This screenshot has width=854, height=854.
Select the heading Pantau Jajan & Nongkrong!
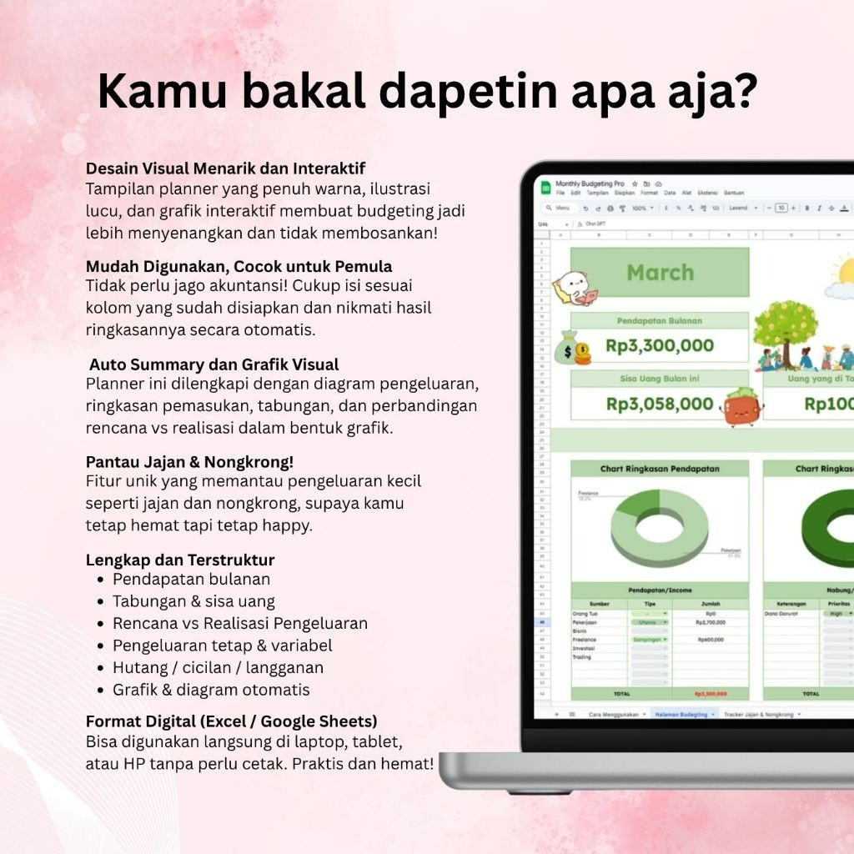click(x=189, y=461)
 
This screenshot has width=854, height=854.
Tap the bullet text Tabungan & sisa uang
click(x=193, y=600)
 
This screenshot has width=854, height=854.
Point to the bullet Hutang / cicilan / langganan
click(x=218, y=667)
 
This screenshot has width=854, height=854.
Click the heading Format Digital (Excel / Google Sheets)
click(x=231, y=721)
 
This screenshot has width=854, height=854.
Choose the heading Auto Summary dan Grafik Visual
click(x=213, y=364)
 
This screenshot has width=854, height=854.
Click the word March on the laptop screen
click(x=660, y=273)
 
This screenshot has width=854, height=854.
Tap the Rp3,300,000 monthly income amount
click(x=660, y=345)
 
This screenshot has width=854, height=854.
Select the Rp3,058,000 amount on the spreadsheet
click(x=660, y=404)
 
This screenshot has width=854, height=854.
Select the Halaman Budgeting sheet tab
click(x=681, y=715)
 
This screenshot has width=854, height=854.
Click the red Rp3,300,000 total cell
click(x=710, y=693)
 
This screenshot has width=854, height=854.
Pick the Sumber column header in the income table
click(x=600, y=604)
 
